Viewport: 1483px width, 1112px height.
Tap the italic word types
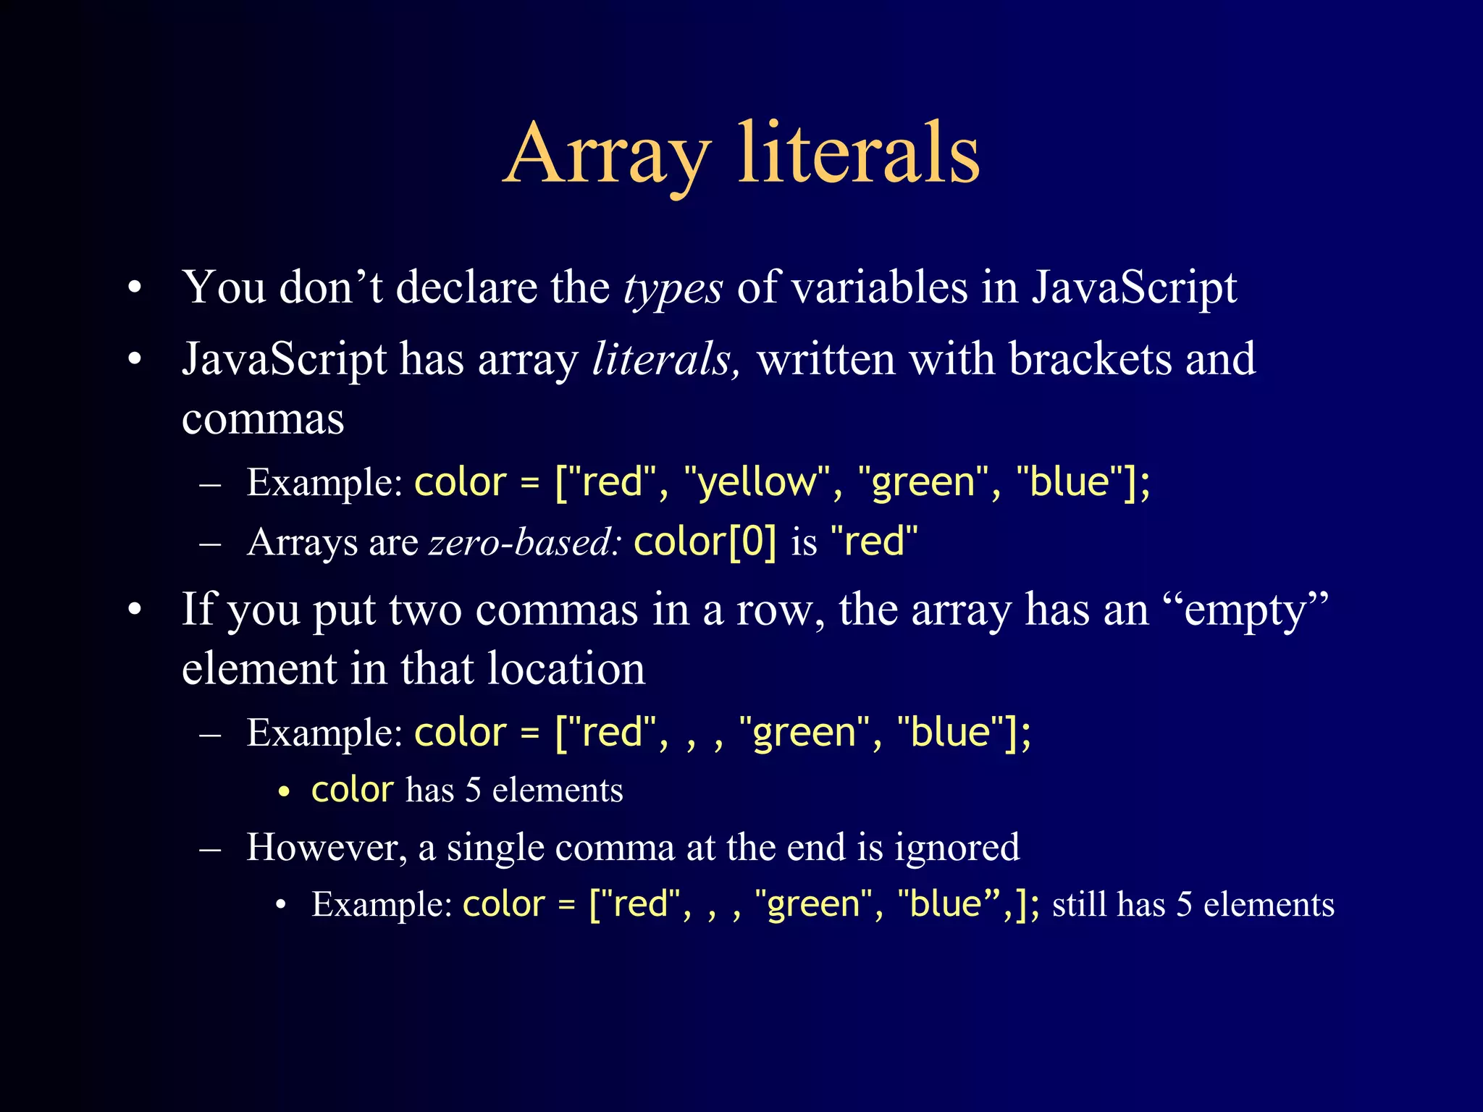[673, 288]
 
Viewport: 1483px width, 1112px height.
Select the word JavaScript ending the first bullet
[1134, 288]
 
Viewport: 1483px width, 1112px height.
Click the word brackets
[1090, 359]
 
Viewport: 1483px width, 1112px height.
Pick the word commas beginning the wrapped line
[263, 420]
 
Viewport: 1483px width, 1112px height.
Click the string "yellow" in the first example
[757, 482]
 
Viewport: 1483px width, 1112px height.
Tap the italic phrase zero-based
[524, 542]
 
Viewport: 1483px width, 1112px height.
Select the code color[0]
[705, 542]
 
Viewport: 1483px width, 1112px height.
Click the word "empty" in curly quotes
[1245, 610]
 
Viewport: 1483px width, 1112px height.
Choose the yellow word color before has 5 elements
[353, 790]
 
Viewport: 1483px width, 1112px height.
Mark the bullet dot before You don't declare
[135, 289]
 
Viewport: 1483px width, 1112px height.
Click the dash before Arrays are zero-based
[210, 542]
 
